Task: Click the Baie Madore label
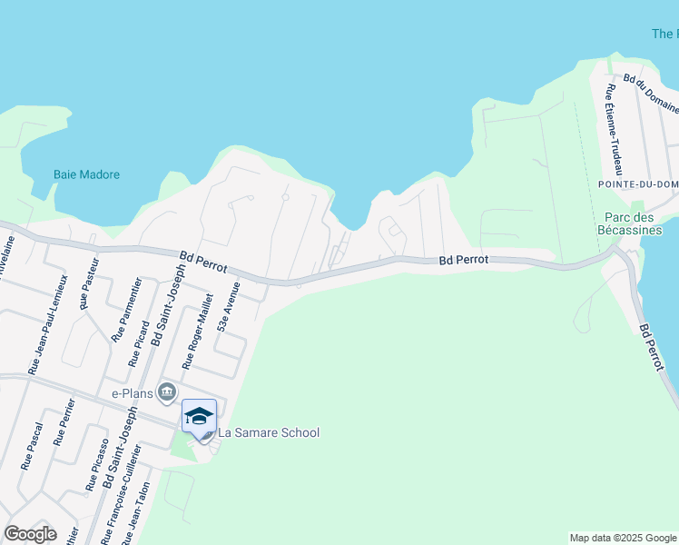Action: point(86,174)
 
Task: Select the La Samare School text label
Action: point(268,432)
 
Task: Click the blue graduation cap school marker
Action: point(199,416)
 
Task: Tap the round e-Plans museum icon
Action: point(166,392)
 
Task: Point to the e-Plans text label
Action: point(132,393)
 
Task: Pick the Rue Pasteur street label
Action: point(89,291)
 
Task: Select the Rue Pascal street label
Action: point(31,446)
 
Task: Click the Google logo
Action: point(30,534)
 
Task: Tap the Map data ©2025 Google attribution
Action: point(623,538)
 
